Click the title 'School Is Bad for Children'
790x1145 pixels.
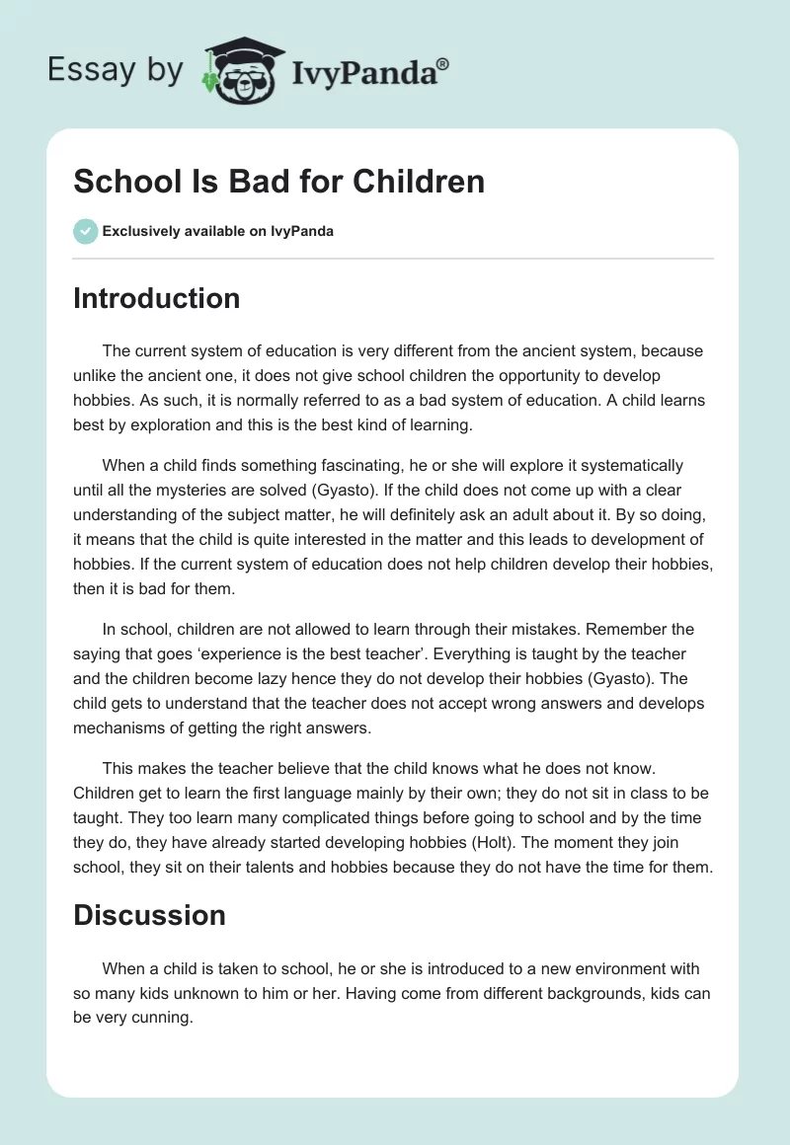(x=278, y=182)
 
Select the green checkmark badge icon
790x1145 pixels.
(x=85, y=231)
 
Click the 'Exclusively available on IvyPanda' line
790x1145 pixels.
(x=217, y=231)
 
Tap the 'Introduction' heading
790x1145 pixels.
(x=156, y=298)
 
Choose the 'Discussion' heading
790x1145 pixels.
(x=149, y=915)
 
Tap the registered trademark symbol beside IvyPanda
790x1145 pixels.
(x=444, y=63)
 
